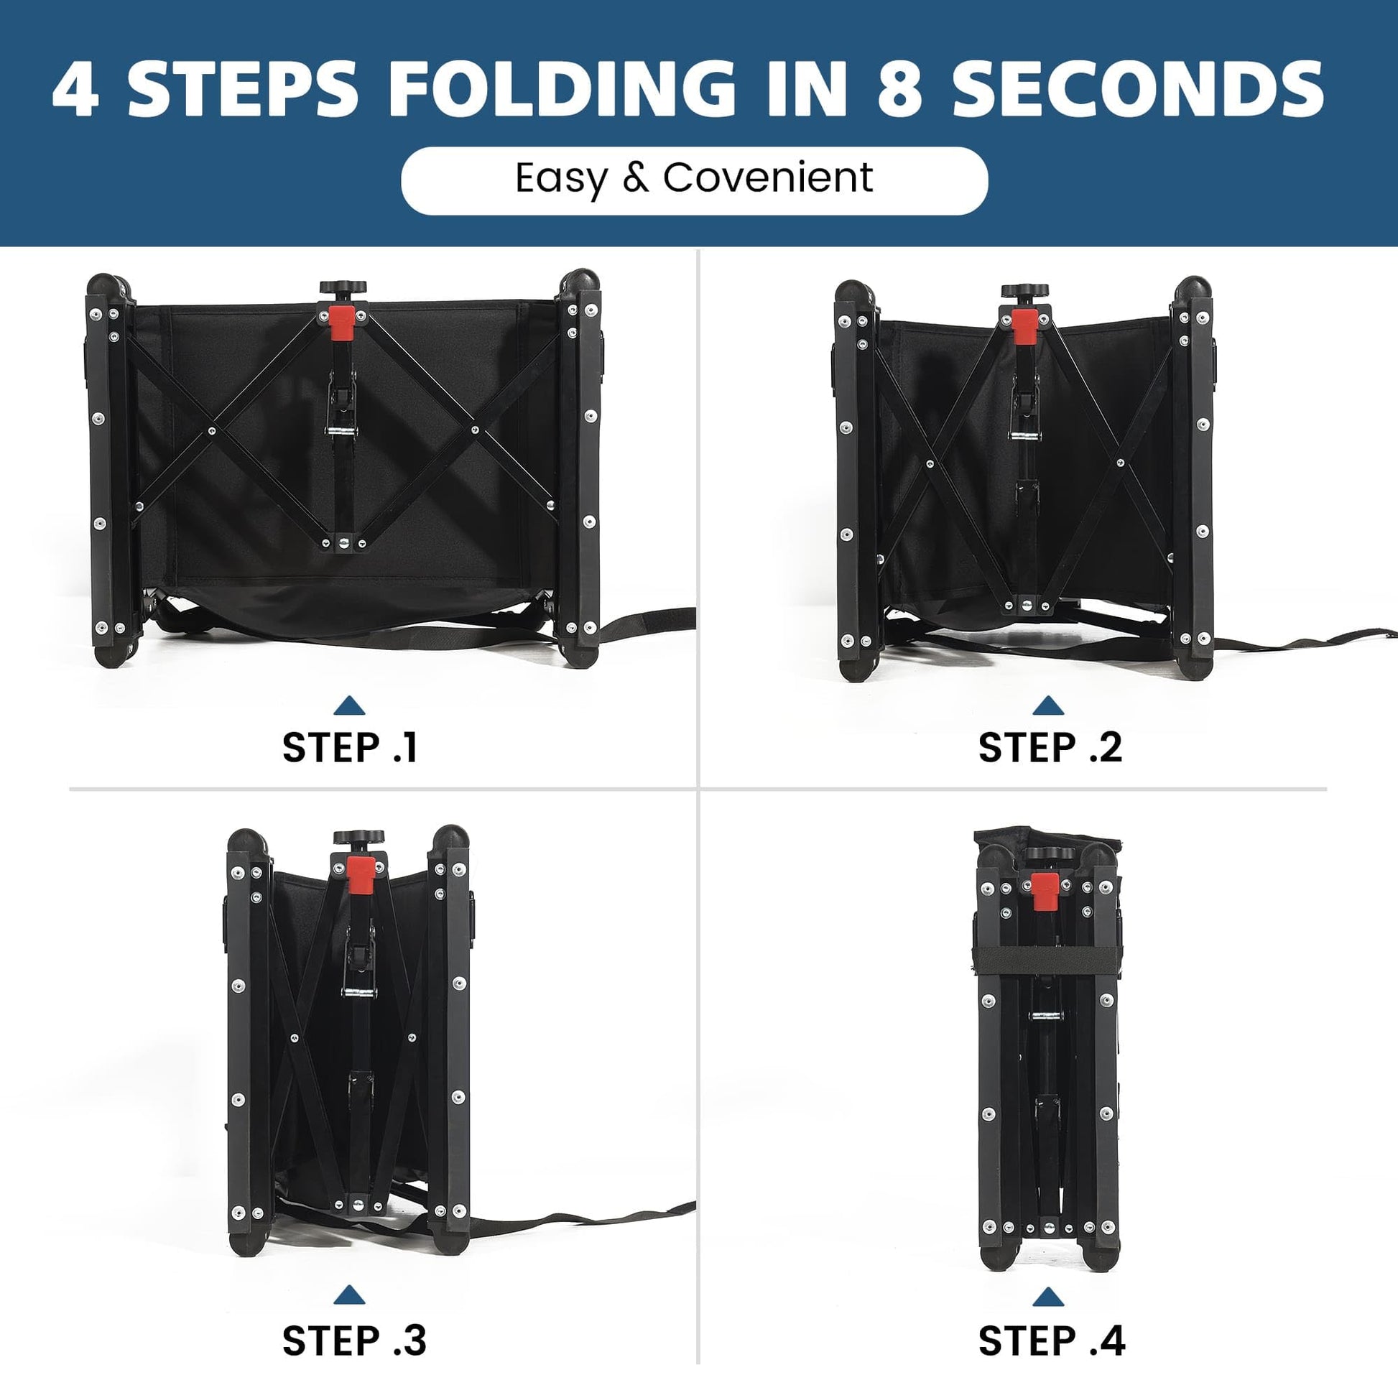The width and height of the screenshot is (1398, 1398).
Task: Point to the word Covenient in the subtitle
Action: tap(769, 177)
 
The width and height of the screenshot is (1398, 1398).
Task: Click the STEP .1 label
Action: tap(351, 747)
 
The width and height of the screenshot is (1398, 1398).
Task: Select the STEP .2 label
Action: tap(1050, 747)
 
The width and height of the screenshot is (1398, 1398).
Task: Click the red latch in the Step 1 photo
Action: tap(341, 323)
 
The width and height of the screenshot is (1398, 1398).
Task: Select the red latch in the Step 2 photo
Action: tap(1023, 326)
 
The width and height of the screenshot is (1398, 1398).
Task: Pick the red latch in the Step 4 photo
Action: tap(1044, 892)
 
